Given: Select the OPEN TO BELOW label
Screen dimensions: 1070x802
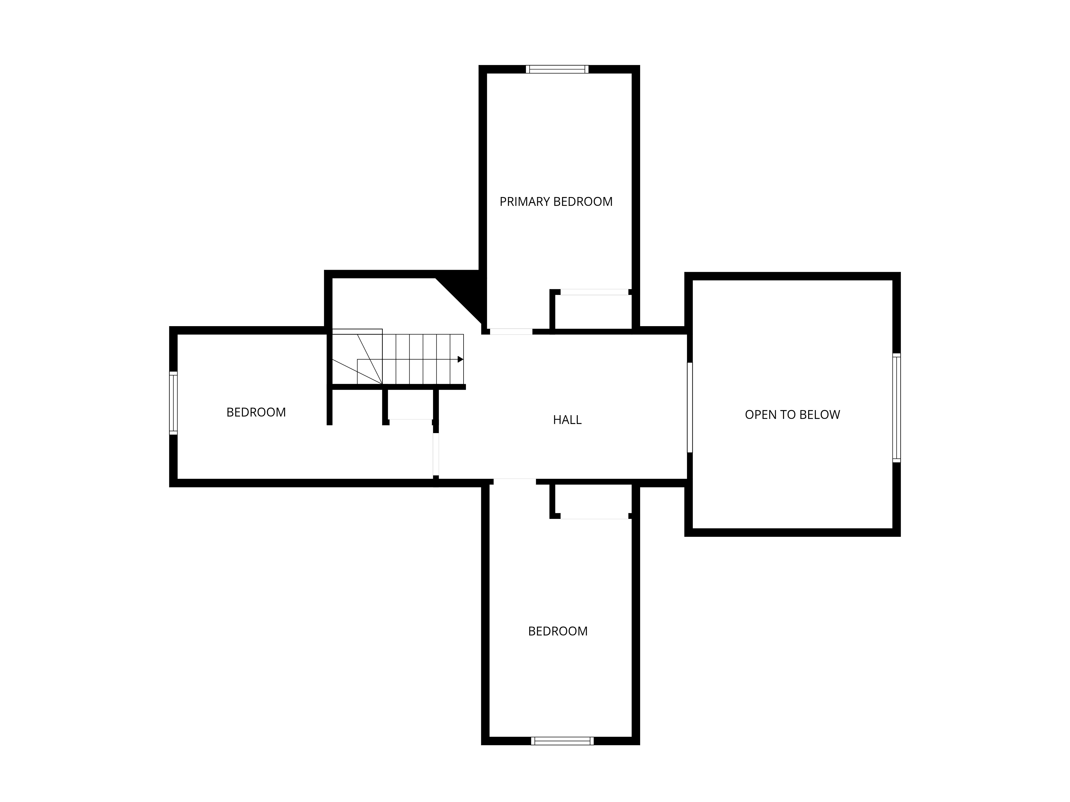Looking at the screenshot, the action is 792,414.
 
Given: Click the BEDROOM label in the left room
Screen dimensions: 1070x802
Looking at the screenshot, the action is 256,412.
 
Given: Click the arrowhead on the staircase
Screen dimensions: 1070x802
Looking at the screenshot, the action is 461,359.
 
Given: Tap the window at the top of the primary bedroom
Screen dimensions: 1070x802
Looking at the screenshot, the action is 557,69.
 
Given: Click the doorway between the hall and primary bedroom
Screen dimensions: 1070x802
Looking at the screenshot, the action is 511,332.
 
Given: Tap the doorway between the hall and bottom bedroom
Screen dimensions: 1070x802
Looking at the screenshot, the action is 515,481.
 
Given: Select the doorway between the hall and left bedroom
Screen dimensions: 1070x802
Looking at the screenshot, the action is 436,454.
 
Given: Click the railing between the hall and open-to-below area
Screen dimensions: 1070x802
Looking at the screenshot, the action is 690,407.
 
